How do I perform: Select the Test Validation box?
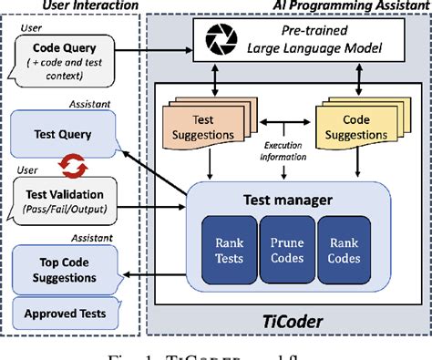pos(68,200)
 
